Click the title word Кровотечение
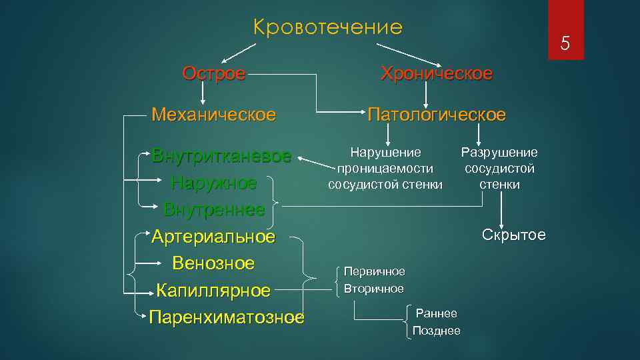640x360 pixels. click(x=328, y=27)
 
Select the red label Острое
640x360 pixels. click(x=214, y=73)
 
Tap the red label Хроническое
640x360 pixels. click(x=437, y=73)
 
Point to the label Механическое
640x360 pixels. click(x=213, y=114)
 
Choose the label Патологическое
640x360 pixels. click(x=437, y=114)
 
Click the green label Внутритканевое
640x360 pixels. click(x=221, y=156)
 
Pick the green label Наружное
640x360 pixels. click(x=213, y=183)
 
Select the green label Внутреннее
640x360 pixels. click(x=214, y=209)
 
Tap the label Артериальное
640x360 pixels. click(x=213, y=237)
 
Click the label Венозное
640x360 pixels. click(x=213, y=263)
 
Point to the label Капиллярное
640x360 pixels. click(x=213, y=291)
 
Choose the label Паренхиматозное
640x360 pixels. click(x=227, y=317)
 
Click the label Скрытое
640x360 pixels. click(x=513, y=235)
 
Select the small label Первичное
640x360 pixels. click(x=374, y=272)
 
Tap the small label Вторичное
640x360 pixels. click(x=374, y=289)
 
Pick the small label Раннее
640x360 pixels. click(x=436, y=313)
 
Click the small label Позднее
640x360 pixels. click(x=436, y=331)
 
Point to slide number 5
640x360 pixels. click(x=565, y=44)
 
